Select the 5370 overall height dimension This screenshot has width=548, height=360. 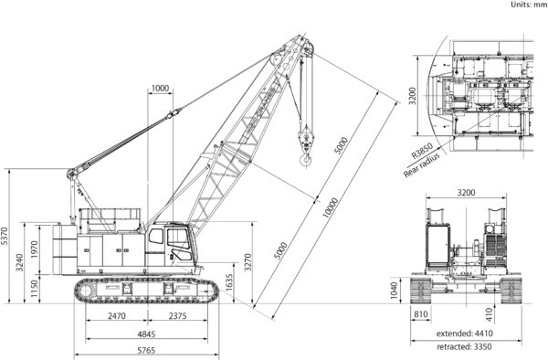pyautogui.click(x=6, y=236)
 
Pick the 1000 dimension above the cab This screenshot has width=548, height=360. pyautogui.click(x=161, y=89)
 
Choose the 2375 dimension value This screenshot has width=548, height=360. pyautogui.click(x=179, y=316)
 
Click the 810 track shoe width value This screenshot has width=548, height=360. pyautogui.click(x=420, y=315)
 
